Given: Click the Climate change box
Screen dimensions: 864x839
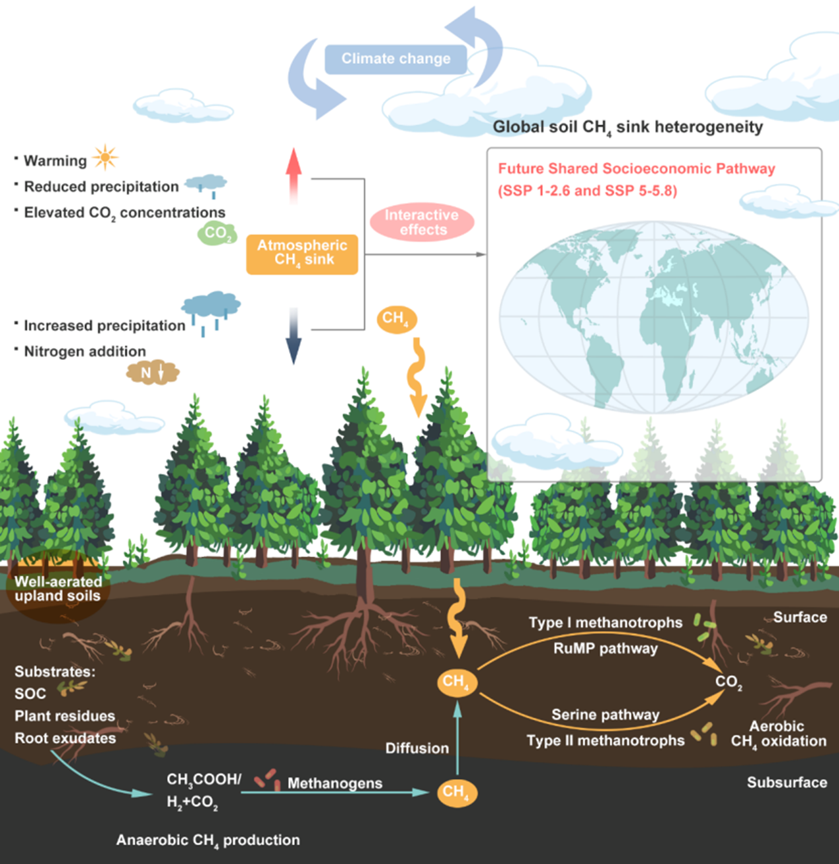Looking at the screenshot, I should pyautogui.click(x=395, y=59).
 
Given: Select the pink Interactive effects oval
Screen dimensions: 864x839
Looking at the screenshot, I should pyautogui.click(x=422, y=222).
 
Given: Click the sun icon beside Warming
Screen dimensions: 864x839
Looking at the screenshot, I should pyautogui.click(x=105, y=158).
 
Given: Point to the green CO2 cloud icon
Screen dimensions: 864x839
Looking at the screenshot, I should pyautogui.click(x=217, y=233).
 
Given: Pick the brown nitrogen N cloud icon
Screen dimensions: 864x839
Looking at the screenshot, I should pyautogui.click(x=152, y=373).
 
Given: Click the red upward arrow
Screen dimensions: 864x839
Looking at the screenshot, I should pyautogui.click(x=294, y=175).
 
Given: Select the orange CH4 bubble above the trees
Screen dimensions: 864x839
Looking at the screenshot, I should pyautogui.click(x=396, y=319).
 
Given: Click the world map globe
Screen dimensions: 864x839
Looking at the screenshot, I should pyautogui.click(x=653, y=316).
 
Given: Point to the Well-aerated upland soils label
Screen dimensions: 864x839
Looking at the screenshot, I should pyautogui.click(x=58, y=589).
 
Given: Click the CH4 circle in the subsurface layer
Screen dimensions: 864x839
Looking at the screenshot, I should pyautogui.click(x=456, y=791).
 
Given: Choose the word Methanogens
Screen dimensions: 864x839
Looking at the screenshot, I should pyautogui.click(x=335, y=783).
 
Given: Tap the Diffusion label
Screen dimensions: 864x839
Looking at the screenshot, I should pyautogui.click(x=417, y=748).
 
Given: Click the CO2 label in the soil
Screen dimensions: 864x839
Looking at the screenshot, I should pyautogui.click(x=729, y=682).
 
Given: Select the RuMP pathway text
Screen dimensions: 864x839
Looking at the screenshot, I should pyautogui.click(x=605, y=649).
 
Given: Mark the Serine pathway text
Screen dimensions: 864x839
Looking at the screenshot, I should pyautogui.click(x=605, y=715).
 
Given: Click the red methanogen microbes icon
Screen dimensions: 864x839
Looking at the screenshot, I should pyautogui.click(x=267, y=779).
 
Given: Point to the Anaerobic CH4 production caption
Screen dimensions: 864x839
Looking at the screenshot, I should pyautogui.click(x=208, y=840).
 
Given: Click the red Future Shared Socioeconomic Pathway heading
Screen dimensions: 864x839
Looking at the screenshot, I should pyautogui.click(x=636, y=168).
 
